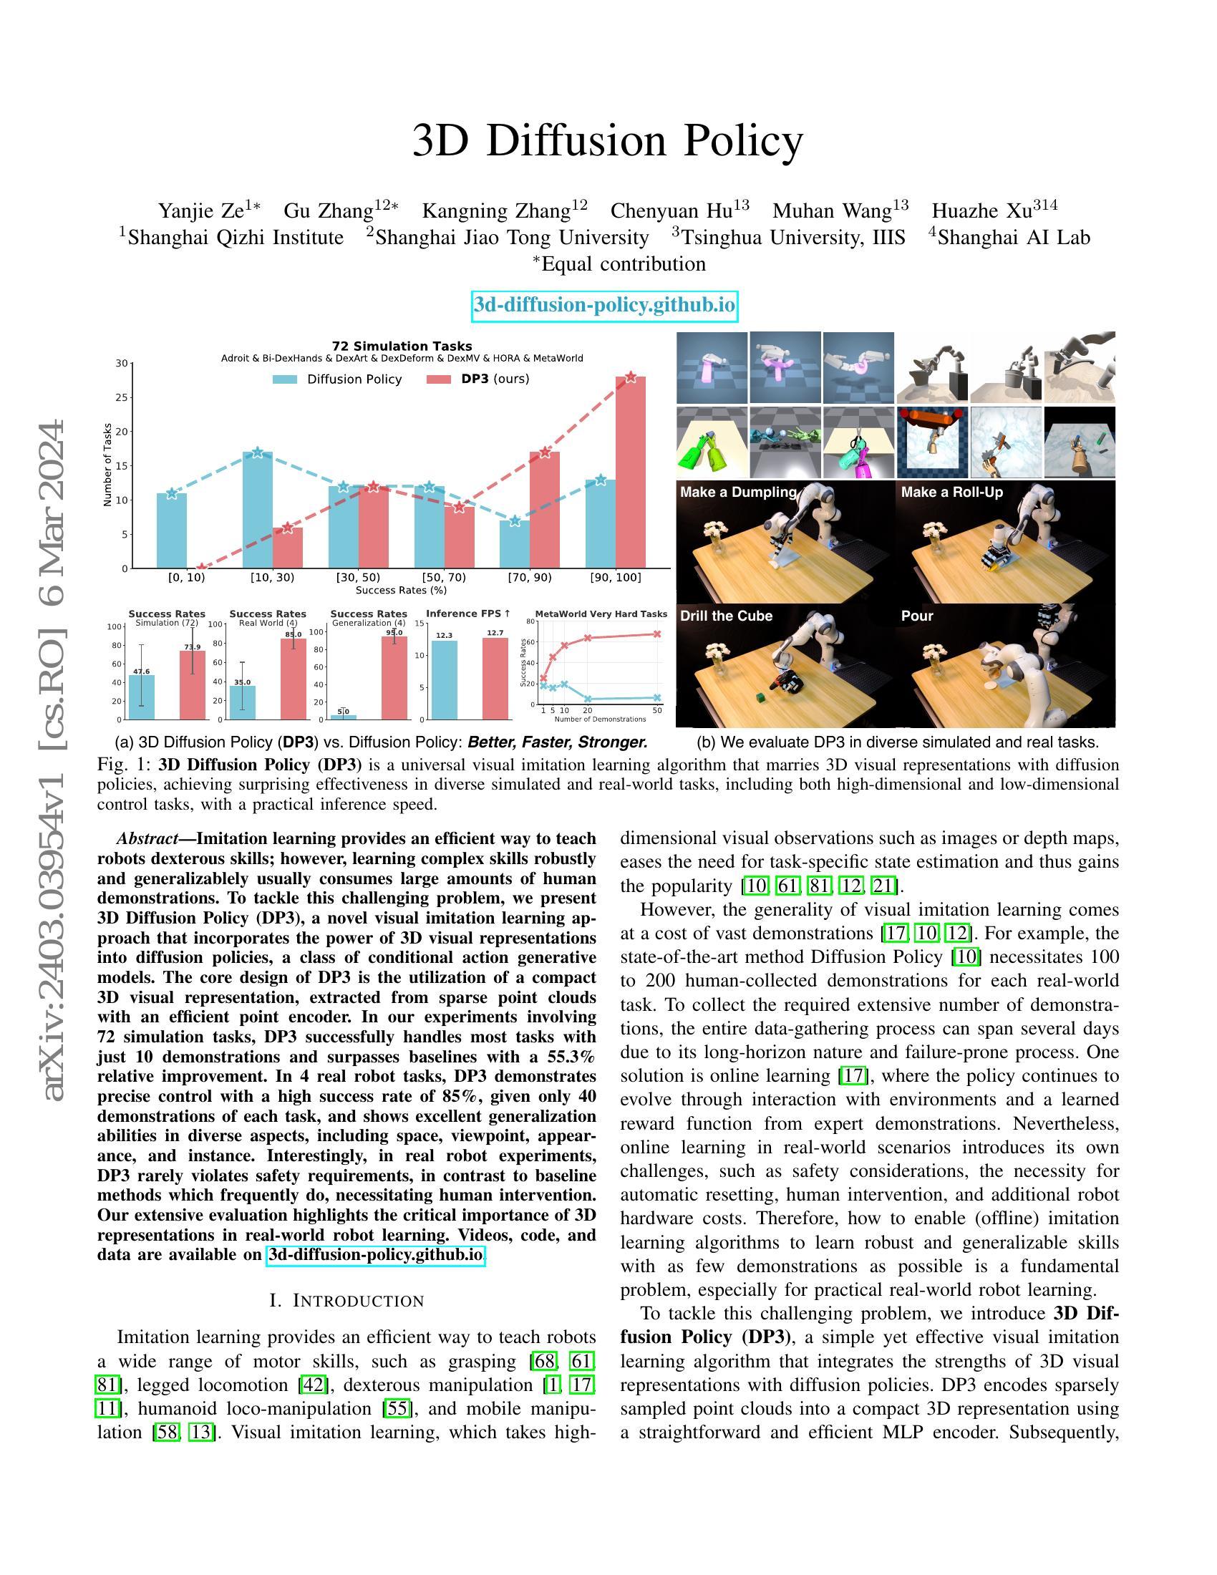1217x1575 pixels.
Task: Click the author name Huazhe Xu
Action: (x=994, y=210)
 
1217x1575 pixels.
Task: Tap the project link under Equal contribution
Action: (x=605, y=305)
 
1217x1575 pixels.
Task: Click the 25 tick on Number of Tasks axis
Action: (x=122, y=397)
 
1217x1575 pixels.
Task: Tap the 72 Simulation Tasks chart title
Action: (x=402, y=346)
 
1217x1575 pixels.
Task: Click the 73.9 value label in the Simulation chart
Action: (x=193, y=647)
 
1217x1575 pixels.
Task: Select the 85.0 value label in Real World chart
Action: (x=294, y=634)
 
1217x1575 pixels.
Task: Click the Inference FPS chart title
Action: (x=468, y=614)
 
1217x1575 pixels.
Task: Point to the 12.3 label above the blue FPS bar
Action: (x=444, y=635)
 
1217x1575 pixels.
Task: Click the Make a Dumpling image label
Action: (x=737, y=492)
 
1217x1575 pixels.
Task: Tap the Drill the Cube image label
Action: (x=726, y=616)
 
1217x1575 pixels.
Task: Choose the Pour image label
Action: (x=916, y=616)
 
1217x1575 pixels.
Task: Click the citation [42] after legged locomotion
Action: (x=314, y=1385)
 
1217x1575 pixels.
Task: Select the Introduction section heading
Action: (x=346, y=1300)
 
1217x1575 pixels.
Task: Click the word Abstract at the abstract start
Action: (x=147, y=839)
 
